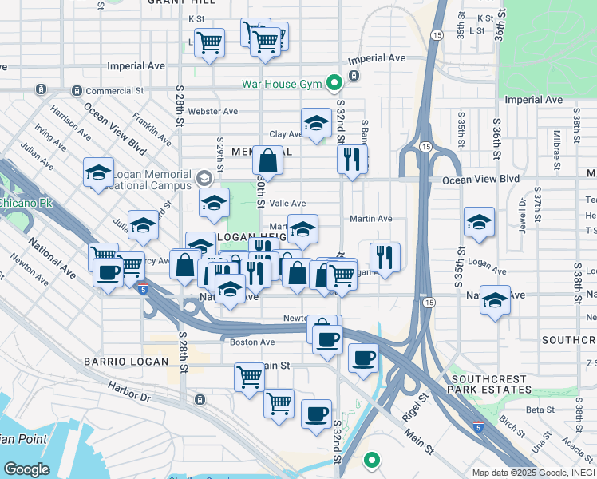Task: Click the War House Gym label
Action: pos(282,84)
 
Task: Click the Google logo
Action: pos(26,469)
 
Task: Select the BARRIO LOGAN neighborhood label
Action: pos(127,362)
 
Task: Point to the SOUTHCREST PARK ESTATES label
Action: pos(490,384)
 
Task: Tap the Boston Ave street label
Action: pos(252,342)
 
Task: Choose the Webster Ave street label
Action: pos(215,111)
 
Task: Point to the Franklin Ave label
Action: pos(152,128)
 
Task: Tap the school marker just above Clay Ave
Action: pos(316,123)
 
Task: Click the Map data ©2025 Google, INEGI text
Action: pos(533,472)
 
